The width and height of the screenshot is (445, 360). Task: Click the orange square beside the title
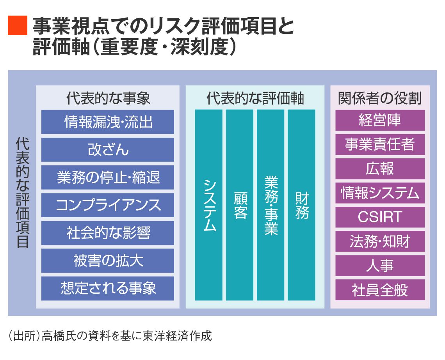[x=18, y=25]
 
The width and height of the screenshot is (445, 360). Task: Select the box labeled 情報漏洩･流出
[x=108, y=122]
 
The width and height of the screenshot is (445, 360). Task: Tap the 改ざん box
[x=108, y=150]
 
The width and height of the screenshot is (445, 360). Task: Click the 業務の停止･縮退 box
[x=108, y=177]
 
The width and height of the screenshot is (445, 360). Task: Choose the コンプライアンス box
[x=108, y=205]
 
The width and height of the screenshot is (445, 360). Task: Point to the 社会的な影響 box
[x=108, y=233]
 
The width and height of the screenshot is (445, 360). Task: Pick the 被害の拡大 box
[x=108, y=261]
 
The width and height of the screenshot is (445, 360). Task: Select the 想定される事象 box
[x=108, y=288]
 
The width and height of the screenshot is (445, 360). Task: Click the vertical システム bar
[x=209, y=205]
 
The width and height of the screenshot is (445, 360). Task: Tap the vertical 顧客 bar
[x=240, y=205]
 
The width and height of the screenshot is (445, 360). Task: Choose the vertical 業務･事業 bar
[x=271, y=205]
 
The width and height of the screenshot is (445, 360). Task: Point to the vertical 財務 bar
[x=301, y=205]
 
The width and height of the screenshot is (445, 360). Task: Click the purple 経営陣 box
[x=380, y=121]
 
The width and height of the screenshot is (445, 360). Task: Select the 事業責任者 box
[x=380, y=145]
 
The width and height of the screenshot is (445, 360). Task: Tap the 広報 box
[x=380, y=169]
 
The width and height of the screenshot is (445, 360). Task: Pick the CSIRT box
[x=380, y=217]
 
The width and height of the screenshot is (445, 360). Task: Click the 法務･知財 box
[x=380, y=241]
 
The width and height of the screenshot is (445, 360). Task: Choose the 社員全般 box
[x=380, y=290]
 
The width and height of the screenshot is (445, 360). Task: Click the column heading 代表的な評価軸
[x=255, y=98]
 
